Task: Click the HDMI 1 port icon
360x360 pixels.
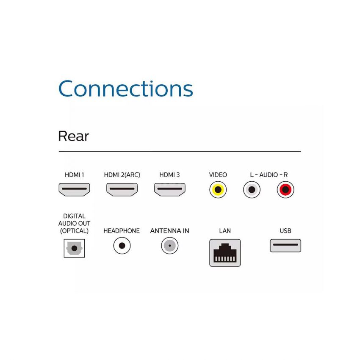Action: click(74, 189)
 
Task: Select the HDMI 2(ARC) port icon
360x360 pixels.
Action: click(122, 189)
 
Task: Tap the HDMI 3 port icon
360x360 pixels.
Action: click(170, 189)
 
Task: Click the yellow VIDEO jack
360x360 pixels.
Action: click(218, 190)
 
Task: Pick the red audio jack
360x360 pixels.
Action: click(285, 190)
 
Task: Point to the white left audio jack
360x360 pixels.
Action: click(252, 190)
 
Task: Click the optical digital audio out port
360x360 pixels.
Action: click(74, 248)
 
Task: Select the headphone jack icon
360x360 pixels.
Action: click(122, 246)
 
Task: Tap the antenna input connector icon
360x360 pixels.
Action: click(170, 246)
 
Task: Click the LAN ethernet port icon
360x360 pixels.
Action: click(225, 253)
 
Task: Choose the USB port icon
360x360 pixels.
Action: click(285, 245)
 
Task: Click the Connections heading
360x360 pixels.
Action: click(126, 89)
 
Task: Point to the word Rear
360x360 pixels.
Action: click(73, 136)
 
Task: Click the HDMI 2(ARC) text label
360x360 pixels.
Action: click(122, 175)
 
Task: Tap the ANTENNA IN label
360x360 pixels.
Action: click(170, 231)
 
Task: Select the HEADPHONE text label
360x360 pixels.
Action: click(122, 231)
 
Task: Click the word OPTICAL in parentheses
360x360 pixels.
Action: click(74, 231)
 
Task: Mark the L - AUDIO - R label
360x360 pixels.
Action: click(269, 175)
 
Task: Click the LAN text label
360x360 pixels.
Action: click(225, 231)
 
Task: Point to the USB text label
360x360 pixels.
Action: click(285, 231)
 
